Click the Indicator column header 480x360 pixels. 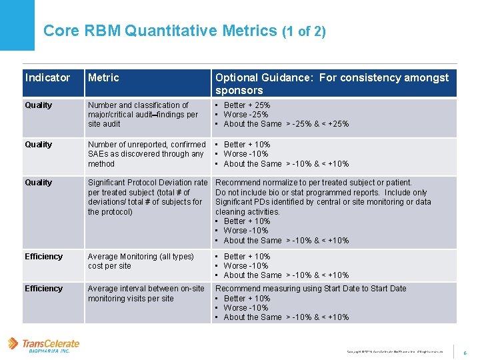click(47, 78)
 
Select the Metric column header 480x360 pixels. click(103, 78)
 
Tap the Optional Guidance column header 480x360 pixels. click(332, 84)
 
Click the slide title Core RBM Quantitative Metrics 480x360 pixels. click(161, 31)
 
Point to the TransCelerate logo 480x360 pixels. click(44, 345)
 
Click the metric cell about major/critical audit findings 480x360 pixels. click(143, 115)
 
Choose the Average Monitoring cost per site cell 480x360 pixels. click(141, 261)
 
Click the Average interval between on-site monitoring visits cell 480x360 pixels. click(146, 293)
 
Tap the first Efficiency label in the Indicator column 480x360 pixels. click(43, 257)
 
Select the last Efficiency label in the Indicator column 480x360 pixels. click(43, 289)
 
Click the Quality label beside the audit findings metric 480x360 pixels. click(38, 105)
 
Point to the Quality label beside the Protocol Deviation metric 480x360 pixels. click(38, 183)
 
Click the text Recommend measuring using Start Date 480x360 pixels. click(311, 289)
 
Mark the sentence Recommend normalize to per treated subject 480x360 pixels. click(313, 183)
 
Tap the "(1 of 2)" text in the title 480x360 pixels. click(304, 31)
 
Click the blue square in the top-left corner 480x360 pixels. click(17, 25)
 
